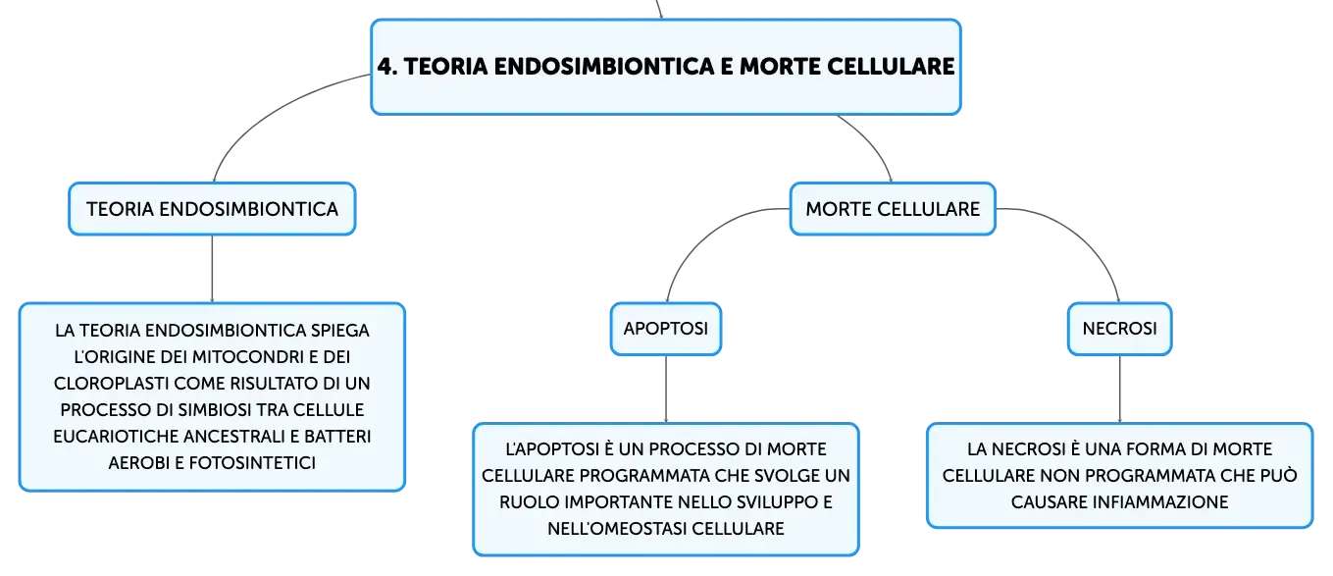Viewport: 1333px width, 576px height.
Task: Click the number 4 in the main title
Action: (x=385, y=66)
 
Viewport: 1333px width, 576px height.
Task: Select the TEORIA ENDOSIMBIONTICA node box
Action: (x=213, y=209)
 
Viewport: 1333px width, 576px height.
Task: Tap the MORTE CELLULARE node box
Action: (x=893, y=209)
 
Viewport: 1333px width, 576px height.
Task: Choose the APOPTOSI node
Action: (x=666, y=329)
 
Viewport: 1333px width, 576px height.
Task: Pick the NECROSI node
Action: (x=1120, y=329)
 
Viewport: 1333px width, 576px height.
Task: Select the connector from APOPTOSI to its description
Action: (x=666, y=390)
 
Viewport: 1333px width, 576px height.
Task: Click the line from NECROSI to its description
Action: (x=1120, y=390)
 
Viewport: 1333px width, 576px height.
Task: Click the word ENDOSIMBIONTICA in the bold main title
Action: (x=604, y=66)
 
